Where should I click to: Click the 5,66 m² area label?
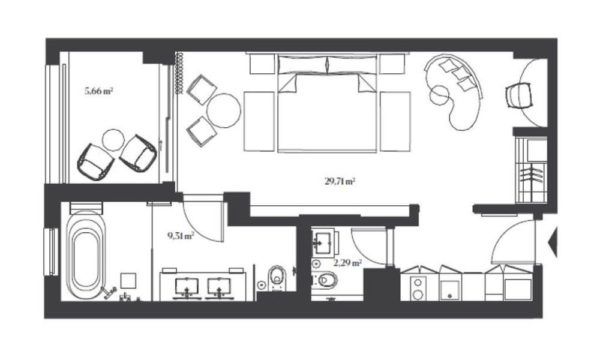99,91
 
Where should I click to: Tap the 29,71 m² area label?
340,181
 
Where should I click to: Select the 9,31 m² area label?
181,236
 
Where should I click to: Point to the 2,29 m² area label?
347,263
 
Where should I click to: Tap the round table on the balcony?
113,140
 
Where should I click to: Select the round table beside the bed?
224,110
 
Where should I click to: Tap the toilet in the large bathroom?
277,278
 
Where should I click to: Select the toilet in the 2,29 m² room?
325,280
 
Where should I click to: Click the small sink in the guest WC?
323,242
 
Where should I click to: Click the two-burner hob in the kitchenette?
418,288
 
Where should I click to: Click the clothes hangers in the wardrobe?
532,174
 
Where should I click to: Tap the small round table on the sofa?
439,94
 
